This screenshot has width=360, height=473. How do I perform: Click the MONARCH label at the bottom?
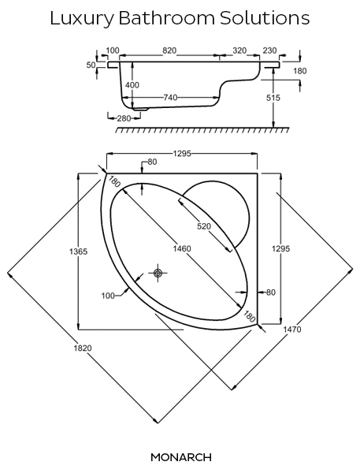pyautogui.click(x=181, y=457)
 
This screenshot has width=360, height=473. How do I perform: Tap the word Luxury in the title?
pyautogui.click(x=82, y=19)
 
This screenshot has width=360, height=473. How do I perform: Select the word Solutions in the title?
pyautogui.click(x=265, y=18)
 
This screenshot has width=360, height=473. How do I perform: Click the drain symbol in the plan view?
pyautogui.click(x=158, y=273)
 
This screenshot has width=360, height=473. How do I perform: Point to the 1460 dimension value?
pyautogui.click(x=182, y=248)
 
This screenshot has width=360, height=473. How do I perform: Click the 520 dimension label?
pyautogui.click(x=204, y=226)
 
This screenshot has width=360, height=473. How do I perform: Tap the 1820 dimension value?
pyautogui.click(x=83, y=348)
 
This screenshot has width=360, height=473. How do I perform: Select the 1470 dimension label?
pyautogui.click(x=291, y=330)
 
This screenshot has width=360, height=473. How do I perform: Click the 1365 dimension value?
pyautogui.click(x=79, y=251)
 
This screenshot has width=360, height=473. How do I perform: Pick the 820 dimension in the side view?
pyautogui.click(x=169, y=50)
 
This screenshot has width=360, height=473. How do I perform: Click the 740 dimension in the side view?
pyautogui.click(x=170, y=98)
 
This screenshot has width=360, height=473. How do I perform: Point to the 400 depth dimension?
pyautogui.click(x=132, y=85)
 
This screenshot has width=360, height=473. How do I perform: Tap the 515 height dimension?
pyautogui.click(x=273, y=98)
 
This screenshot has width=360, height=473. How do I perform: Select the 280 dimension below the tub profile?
pyautogui.click(x=124, y=118)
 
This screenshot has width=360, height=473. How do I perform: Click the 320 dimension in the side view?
pyautogui.click(x=239, y=50)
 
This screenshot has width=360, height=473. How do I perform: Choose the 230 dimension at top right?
pyautogui.click(x=269, y=50)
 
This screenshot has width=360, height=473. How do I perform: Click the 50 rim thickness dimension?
pyautogui.click(x=91, y=65)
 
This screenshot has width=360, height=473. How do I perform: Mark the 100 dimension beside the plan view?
pyautogui.click(x=108, y=296)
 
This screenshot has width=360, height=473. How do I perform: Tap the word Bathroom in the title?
pyautogui.click(x=167, y=18)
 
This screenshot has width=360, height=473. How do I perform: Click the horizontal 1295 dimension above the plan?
pyautogui.click(x=182, y=154)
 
